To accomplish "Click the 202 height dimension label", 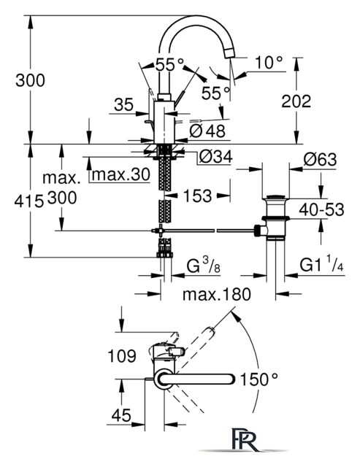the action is coord(296,101).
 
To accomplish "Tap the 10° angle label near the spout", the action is coord(269,62).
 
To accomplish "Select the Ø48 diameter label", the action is coord(207,131).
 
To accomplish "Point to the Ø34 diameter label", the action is coord(216,156).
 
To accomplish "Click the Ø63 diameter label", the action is coord(320,159).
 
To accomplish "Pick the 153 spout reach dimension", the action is coord(197,196).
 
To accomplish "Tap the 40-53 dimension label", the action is coord(321,209).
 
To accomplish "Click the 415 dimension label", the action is coord(29,202).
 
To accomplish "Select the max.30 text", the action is coord(120,174).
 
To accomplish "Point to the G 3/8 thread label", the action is coord(204,266).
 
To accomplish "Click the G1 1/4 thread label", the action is coord(321,264).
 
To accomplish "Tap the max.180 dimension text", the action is coord(217,294).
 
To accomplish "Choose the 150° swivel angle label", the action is coord(258,379).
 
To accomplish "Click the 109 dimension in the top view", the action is coord(122,356).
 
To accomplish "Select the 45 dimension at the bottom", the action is coord(121,415).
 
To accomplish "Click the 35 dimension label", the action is coord(123,104).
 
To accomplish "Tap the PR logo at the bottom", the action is coord(245,439).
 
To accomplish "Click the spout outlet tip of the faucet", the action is coord(229,53).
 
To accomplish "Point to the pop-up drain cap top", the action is coord(275,197).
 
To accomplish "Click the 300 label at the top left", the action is coord(30,80).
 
